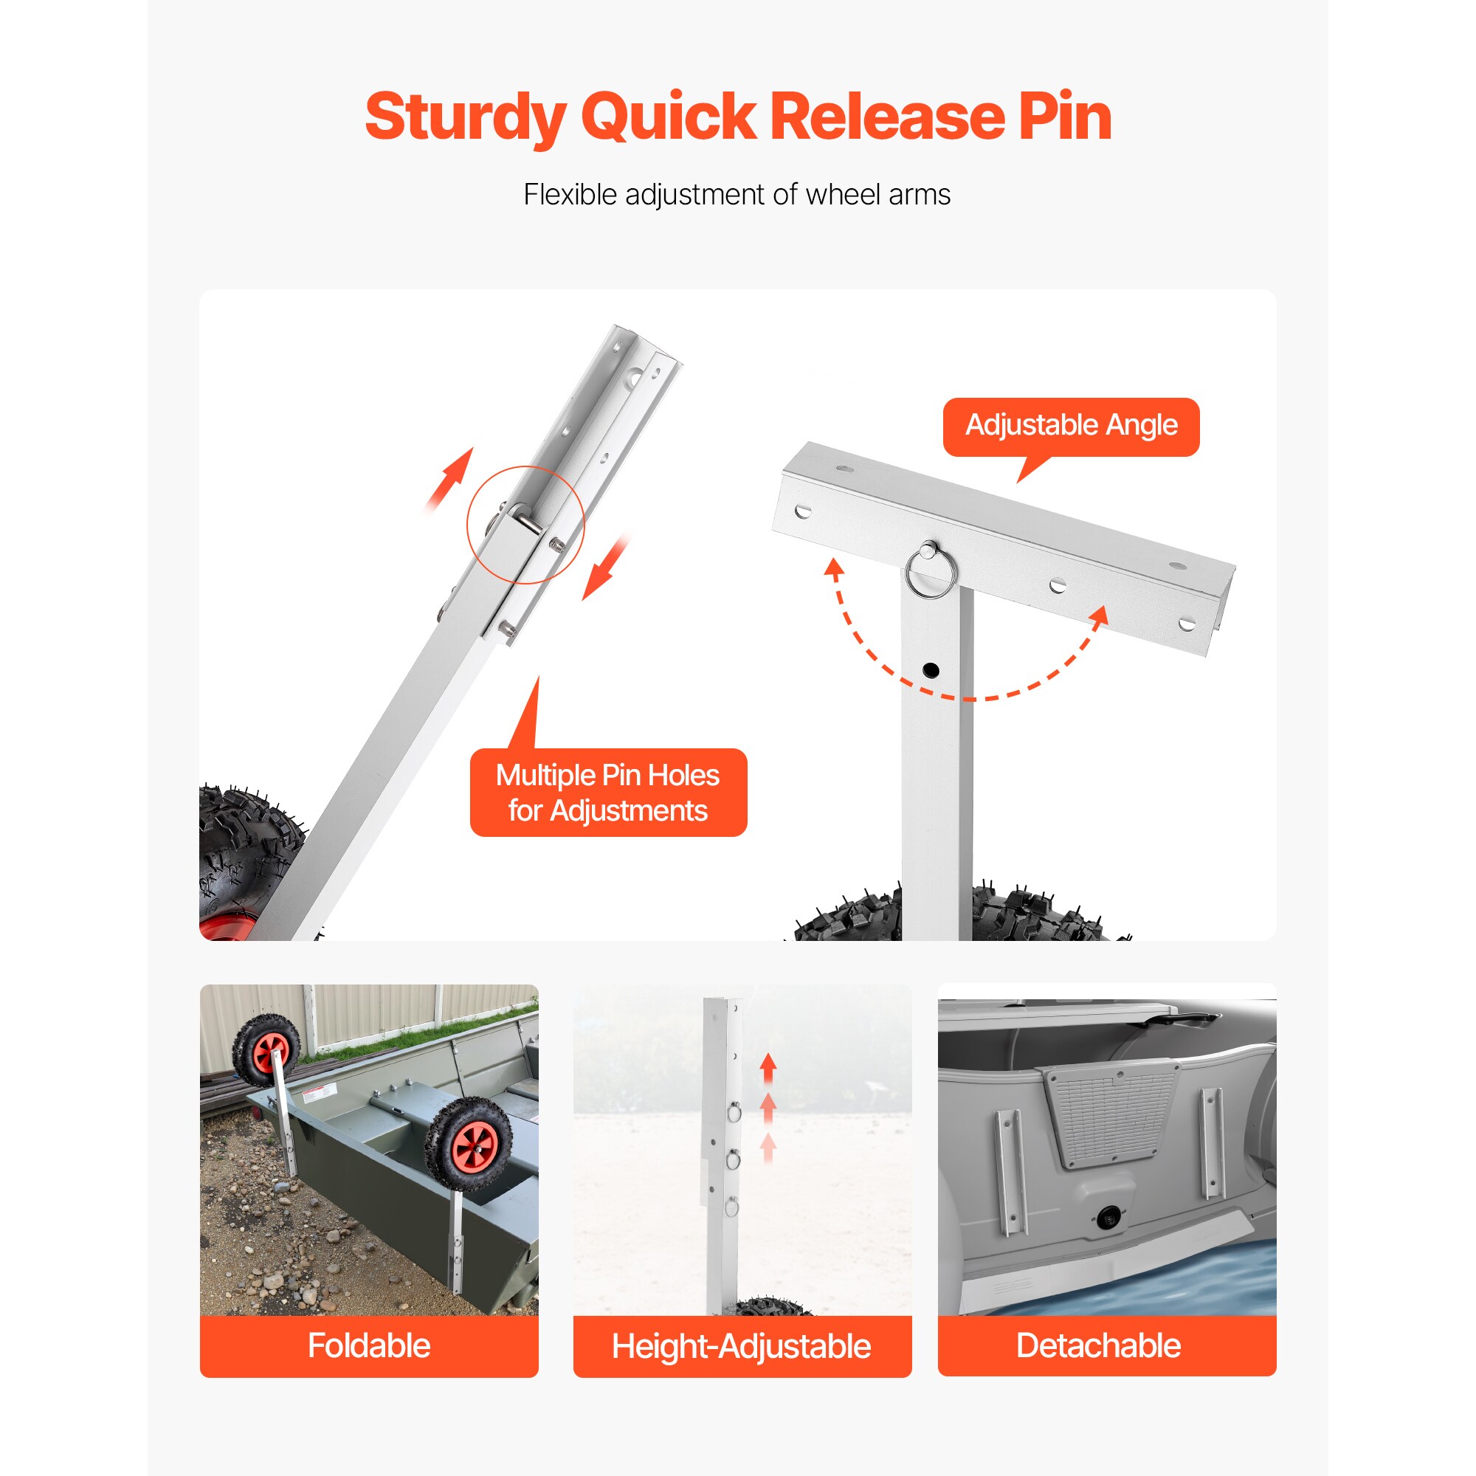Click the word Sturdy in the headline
point(465,117)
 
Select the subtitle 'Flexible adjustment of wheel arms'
point(737,195)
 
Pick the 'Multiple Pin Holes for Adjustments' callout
point(608,792)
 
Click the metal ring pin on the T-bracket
point(930,569)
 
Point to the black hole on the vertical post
point(931,671)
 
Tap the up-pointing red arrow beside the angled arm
point(451,480)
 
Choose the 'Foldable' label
point(369,1345)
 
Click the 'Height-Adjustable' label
point(741,1346)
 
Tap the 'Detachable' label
point(1099,1345)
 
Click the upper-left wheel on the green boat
point(266,1049)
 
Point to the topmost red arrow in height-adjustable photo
point(768,1067)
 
